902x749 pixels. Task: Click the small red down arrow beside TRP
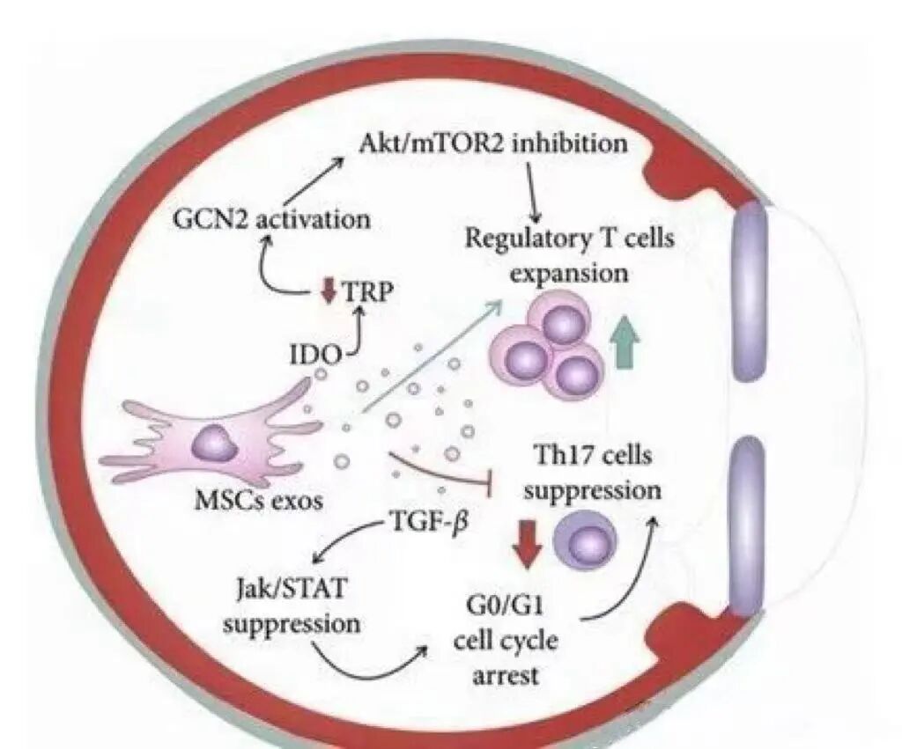pyautogui.click(x=329, y=291)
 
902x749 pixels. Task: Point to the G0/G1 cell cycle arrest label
pyautogui.click(x=505, y=639)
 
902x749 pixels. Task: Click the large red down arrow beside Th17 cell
pyautogui.click(x=529, y=543)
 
